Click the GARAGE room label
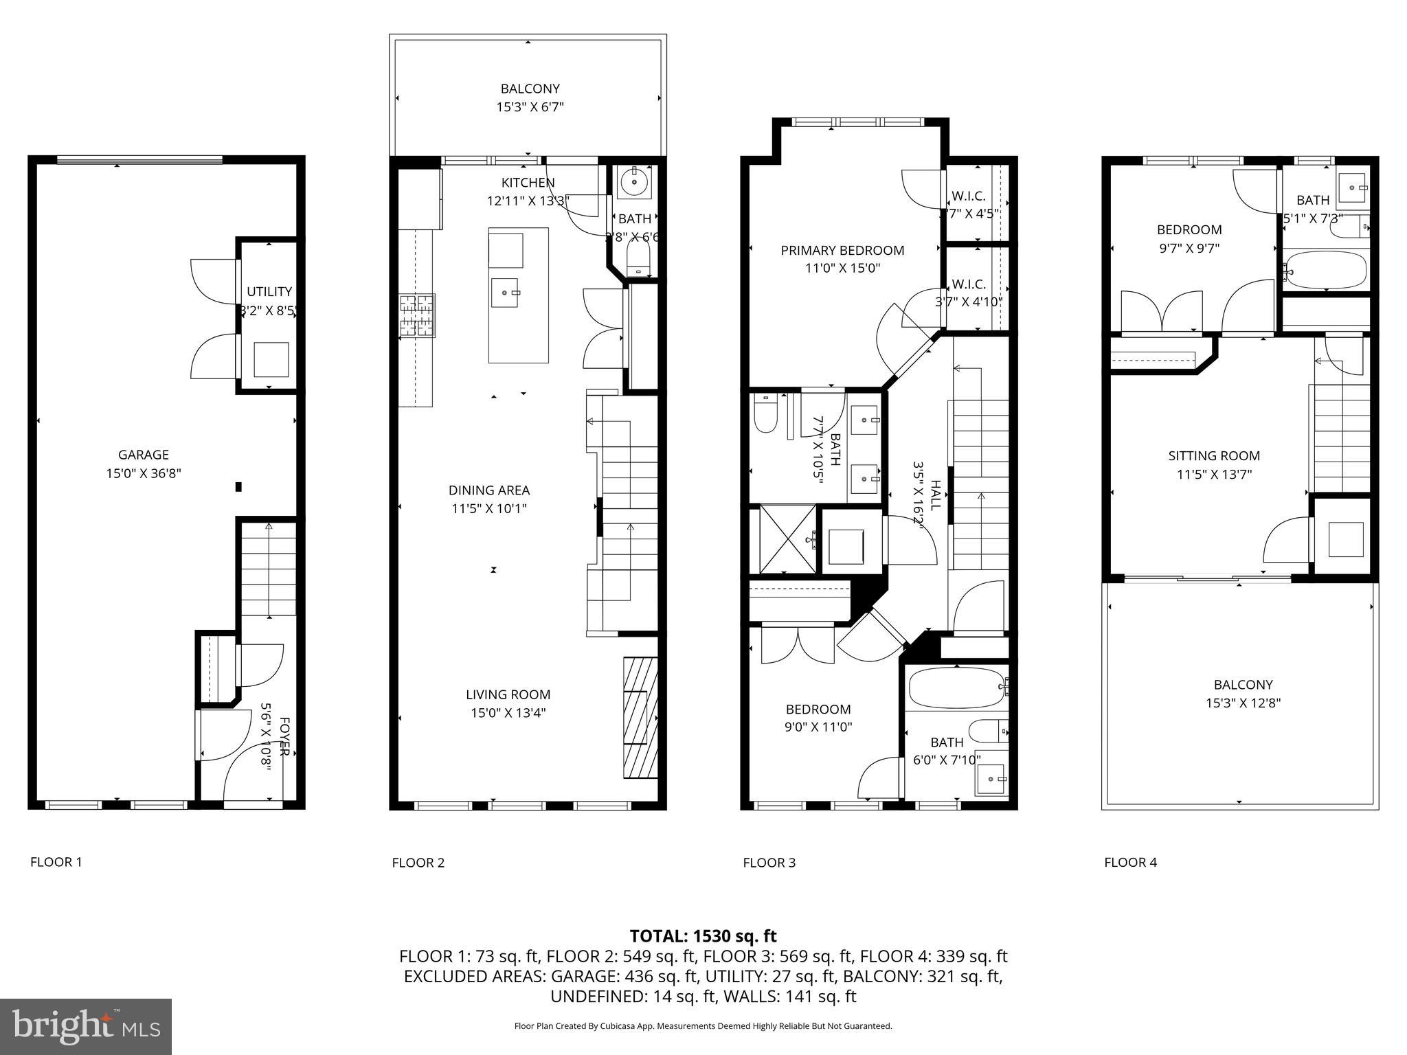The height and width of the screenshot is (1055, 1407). tap(143, 455)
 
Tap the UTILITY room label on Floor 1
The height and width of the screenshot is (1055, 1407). tap(269, 292)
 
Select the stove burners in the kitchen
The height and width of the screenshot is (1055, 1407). tap(417, 316)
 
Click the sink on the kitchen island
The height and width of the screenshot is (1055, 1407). tap(507, 293)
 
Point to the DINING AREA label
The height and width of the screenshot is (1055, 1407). tap(488, 490)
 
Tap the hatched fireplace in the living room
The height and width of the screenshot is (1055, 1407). tap(640, 718)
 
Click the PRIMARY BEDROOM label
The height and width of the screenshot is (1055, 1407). tap(842, 251)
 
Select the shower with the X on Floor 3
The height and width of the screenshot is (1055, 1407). tap(783, 540)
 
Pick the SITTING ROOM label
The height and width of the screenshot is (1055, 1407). tap(1214, 456)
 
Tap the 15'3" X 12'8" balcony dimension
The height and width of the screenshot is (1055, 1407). tap(1243, 703)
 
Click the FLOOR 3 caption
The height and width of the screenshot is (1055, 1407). tap(769, 863)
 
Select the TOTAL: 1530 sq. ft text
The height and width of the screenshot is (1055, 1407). tap(703, 936)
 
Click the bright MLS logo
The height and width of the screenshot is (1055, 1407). tap(86, 1026)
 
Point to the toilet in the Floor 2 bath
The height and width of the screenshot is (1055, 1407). tap(639, 260)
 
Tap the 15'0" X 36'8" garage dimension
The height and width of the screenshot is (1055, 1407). tap(143, 473)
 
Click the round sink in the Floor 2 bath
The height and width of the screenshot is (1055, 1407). tap(633, 183)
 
